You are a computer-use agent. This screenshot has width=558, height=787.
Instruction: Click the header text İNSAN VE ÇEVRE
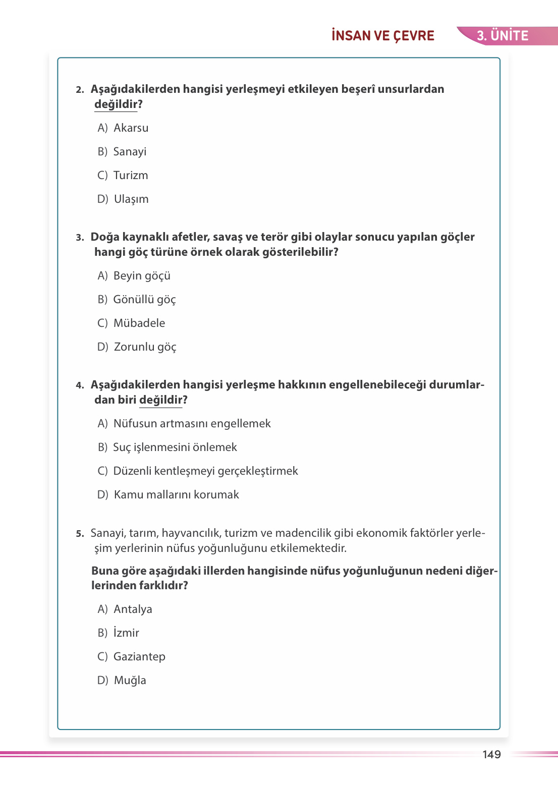pos(382,36)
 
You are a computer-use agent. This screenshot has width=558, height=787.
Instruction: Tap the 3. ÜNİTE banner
pos(503,36)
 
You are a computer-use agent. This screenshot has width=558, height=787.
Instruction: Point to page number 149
pos(491,754)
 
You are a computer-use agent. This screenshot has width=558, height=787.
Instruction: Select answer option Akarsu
pos(131,128)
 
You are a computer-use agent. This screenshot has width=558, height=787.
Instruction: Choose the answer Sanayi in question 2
pos(130,152)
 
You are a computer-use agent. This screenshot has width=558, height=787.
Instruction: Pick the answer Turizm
pos(131,176)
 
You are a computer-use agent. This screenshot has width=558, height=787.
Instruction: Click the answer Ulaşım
pos(131,199)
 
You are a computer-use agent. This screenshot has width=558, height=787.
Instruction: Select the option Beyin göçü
pos(142,276)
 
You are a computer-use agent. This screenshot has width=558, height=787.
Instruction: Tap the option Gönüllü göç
pos(144,300)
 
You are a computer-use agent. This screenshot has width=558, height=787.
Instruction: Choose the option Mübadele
pos(139,323)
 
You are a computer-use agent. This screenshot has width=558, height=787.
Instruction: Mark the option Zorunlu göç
pos(145,347)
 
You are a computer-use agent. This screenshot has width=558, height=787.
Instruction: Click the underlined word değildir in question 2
pos(116,104)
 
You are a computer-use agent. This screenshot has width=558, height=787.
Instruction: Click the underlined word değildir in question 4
pos(161,400)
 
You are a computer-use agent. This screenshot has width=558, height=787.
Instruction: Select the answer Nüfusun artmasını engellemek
pos(192,424)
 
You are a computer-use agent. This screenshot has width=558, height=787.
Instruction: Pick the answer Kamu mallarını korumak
pos(176,495)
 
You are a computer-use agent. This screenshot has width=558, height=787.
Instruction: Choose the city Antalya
pos(133,609)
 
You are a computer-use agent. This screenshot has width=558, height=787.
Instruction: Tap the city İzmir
pos(126,633)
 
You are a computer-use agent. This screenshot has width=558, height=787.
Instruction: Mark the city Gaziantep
pos(139,657)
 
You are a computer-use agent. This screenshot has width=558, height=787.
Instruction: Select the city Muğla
pos(130,681)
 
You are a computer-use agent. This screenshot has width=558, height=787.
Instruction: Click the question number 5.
pos(80,534)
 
